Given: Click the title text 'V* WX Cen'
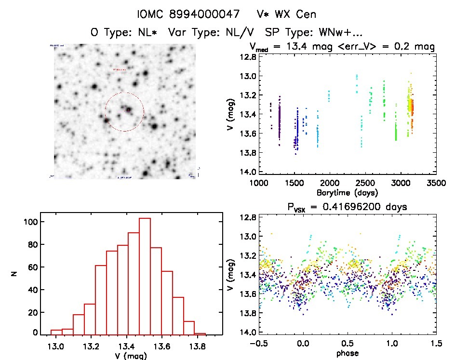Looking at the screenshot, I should tap(289, 14).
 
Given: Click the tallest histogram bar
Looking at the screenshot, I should tap(145, 276).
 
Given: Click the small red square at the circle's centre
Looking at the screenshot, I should tap(128, 110).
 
